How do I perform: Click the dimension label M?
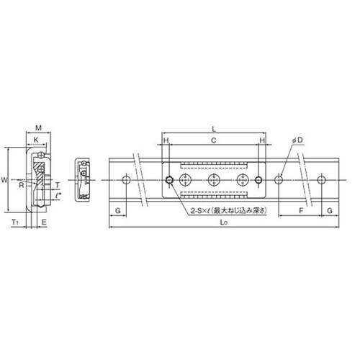point(38,127)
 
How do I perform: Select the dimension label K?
point(36,140)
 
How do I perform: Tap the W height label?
point(4,180)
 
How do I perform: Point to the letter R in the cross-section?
point(22,185)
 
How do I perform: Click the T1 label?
point(15,222)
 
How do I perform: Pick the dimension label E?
point(44,222)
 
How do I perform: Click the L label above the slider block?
point(214,129)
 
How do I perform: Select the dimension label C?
point(213,140)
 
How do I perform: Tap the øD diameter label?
point(297,140)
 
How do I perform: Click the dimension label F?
point(301,210)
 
